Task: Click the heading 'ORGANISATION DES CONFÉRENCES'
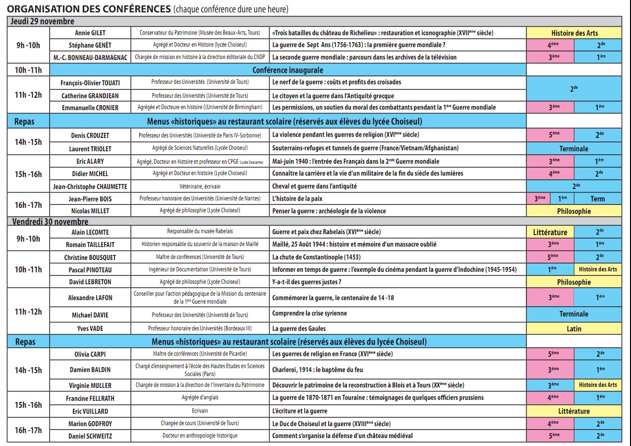pyautogui.click(x=89, y=9)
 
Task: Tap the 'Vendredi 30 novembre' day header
pyautogui.click(x=50, y=221)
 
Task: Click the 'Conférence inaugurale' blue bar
pyautogui.click(x=287, y=70)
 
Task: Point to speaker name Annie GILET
pyautogui.click(x=90, y=33)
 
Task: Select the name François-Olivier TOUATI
pyautogui.click(x=90, y=82)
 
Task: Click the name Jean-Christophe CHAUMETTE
pyautogui.click(x=90, y=187)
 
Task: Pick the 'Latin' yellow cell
pyautogui.click(x=574, y=328)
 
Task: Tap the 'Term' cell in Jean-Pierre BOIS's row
pyautogui.click(x=597, y=198)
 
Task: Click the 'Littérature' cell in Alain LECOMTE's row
pyautogui.click(x=550, y=232)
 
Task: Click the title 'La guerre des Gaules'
pyautogui.click(x=298, y=328)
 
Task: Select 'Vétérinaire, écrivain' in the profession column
pyautogui.click(x=200, y=187)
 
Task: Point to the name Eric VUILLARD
pyautogui.click(x=90, y=411)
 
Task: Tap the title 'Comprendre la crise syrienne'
pyautogui.click(x=309, y=314)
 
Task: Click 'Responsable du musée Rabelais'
pyautogui.click(x=200, y=232)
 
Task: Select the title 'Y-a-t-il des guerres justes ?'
pyautogui.click(x=306, y=282)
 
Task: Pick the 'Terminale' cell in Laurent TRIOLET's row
pyautogui.click(x=574, y=148)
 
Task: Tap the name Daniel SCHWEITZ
pyautogui.click(x=90, y=436)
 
